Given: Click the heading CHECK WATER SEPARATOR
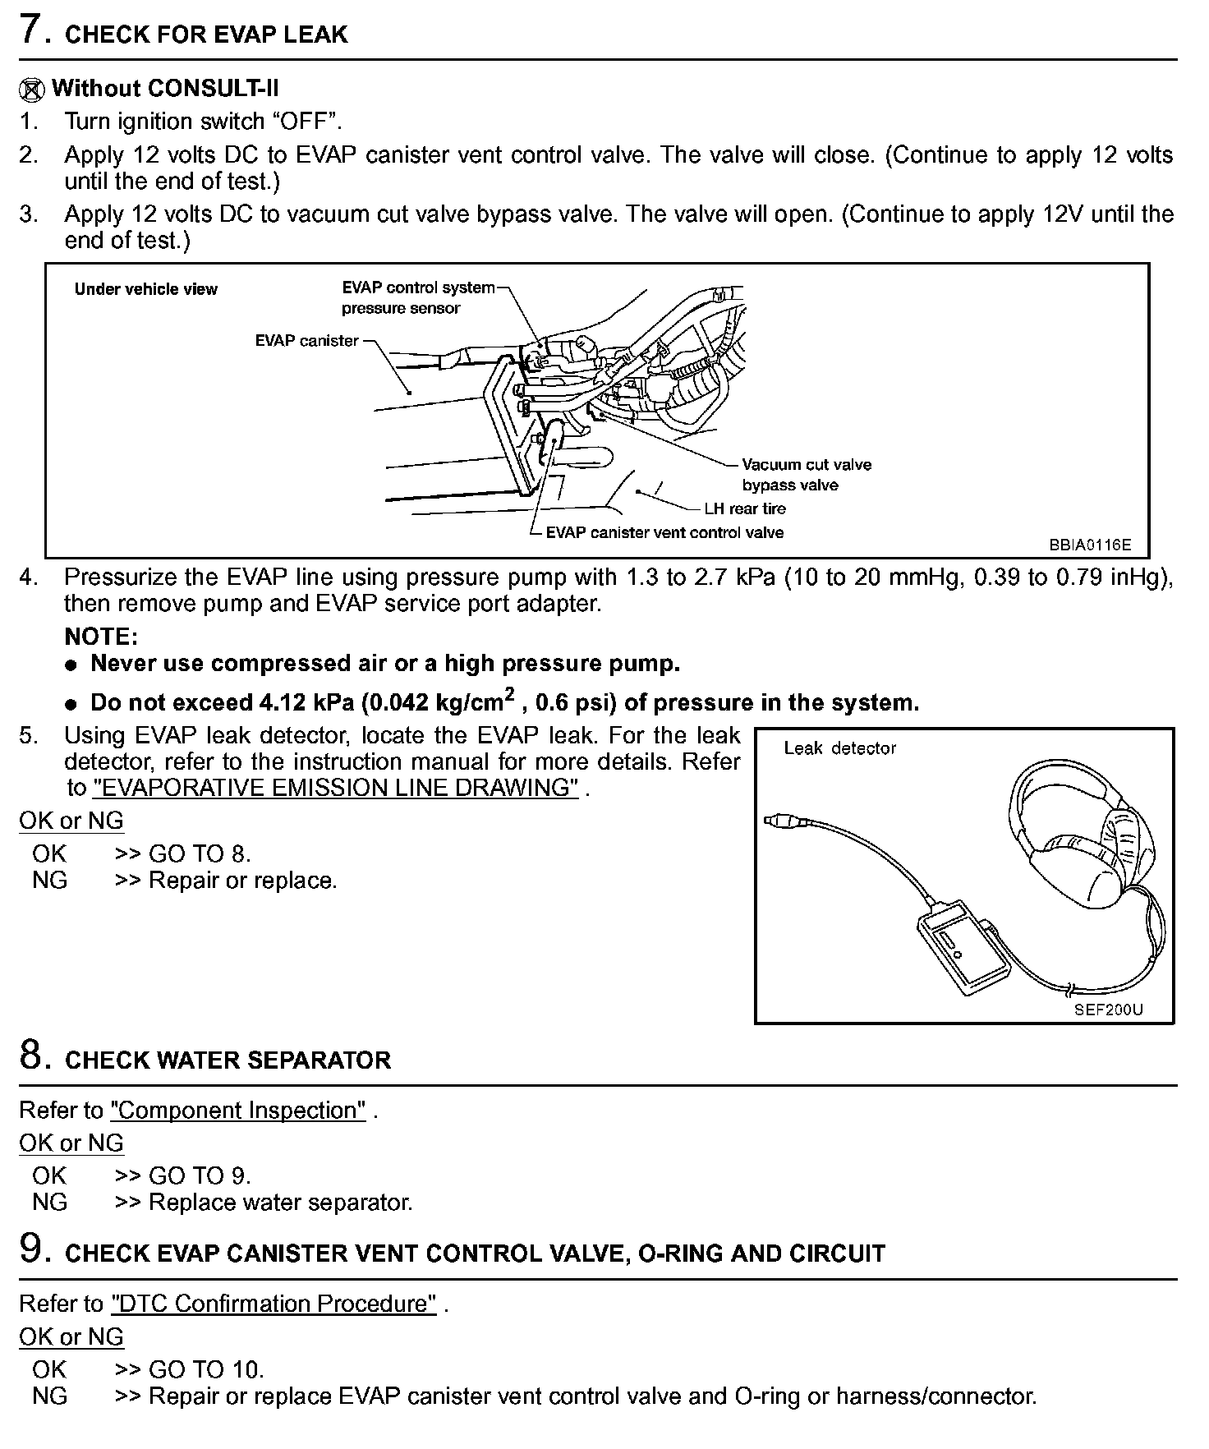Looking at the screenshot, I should click(x=228, y=1060).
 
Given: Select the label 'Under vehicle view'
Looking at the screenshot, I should click(x=145, y=289).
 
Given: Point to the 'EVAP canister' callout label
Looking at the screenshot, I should click(x=306, y=340).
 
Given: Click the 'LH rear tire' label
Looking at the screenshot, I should click(x=744, y=508).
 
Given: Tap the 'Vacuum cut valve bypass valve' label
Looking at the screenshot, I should click(x=805, y=475).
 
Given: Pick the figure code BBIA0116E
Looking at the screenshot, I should click(x=1089, y=545).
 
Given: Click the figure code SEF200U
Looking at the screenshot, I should click(x=1108, y=1010).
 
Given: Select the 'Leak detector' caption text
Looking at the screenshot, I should click(x=839, y=748).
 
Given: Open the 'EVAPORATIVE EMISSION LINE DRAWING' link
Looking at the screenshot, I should click(x=336, y=788).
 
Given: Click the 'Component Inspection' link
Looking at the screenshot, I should click(x=238, y=1111).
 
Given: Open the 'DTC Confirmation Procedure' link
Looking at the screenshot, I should click(x=274, y=1304).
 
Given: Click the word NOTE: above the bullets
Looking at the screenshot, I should click(x=101, y=637).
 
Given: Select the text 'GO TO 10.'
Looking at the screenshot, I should click(x=206, y=1369).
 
